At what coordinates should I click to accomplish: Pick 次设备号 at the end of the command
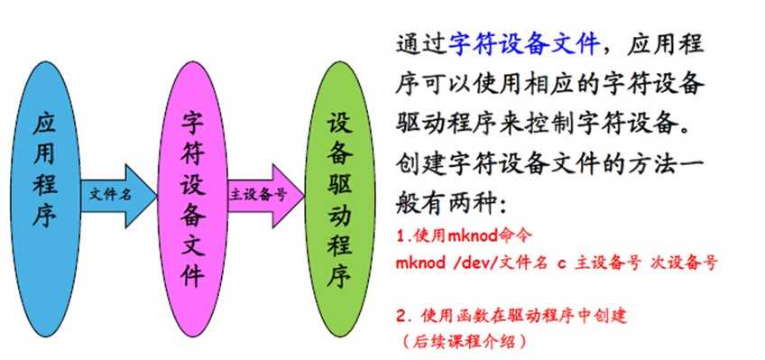(x=687, y=263)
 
